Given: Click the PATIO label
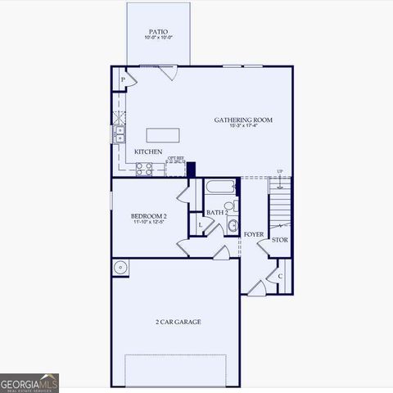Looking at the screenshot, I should click(x=158, y=31).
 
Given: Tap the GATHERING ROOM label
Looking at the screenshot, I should click(x=243, y=120).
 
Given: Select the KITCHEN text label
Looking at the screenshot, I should click(x=148, y=152).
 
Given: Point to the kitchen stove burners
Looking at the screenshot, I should click(x=143, y=168).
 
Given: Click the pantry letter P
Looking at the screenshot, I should click(x=123, y=79).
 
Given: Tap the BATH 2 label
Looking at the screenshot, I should click(x=216, y=213).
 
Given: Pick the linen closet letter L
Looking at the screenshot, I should click(x=200, y=224).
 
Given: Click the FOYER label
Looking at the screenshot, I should click(x=254, y=234).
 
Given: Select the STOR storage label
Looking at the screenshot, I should click(x=279, y=240).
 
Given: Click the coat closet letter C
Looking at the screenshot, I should click(x=280, y=276).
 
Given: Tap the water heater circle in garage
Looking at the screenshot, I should click(x=121, y=266).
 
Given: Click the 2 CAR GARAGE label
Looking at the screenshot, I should click(x=178, y=322).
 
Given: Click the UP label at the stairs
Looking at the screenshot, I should click(x=281, y=171).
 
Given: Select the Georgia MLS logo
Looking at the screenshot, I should click(x=29, y=382).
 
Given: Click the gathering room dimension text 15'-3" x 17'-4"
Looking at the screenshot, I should click(x=243, y=126).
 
